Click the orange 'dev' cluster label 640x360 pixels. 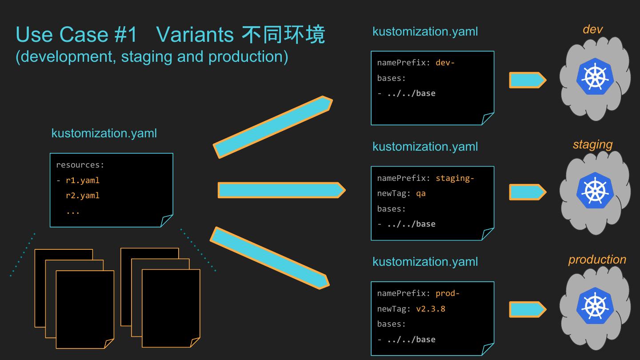(x=592, y=29)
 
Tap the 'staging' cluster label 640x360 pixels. (x=592, y=144)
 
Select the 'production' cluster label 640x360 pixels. (x=597, y=260)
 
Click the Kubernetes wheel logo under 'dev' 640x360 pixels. (x=595, y=77)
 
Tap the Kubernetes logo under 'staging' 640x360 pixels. (x=595, y=191)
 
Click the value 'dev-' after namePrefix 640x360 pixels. (x=445, y=63)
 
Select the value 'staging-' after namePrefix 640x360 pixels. (x=455, y=178)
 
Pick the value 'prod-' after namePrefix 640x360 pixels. (x=447, y=293)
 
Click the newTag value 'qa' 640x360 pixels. (x=420, y=193)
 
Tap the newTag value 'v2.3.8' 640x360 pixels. (x=430, y=308)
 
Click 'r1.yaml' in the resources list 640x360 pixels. (x=83, y=180)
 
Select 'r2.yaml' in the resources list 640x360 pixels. (x=83, y=196)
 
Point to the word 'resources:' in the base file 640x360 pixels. (x=80, y=165)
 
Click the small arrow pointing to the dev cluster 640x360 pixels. (x=527, y=80)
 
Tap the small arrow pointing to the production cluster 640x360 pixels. (x=527, y=310)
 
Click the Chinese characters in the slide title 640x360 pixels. (x=283, y=34)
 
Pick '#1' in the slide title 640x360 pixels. (x=126, y=34)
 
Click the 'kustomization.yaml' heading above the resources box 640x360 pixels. (x=104, y=133)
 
